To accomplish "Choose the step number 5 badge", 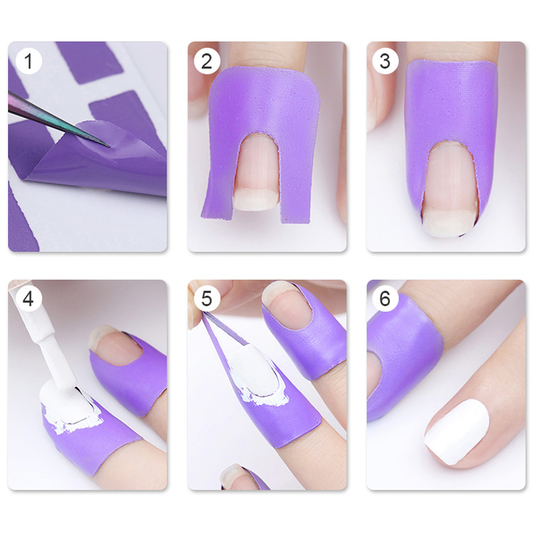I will pos(206,299).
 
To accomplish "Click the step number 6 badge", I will pos(385,299).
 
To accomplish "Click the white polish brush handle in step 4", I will pos(48,336).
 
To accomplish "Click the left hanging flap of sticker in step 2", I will pos(219,192).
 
